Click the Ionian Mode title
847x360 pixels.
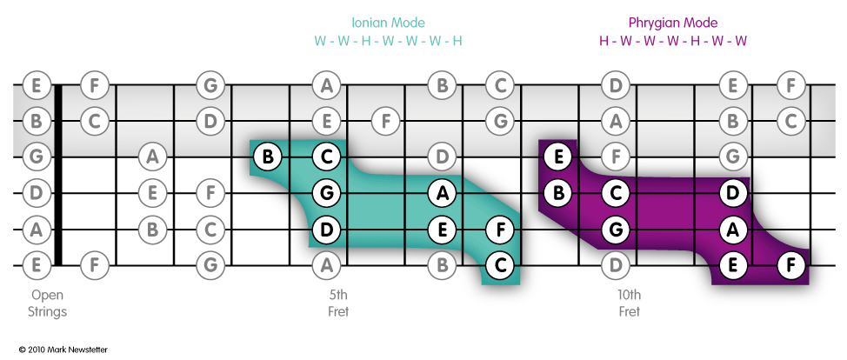388,23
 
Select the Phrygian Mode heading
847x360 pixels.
673,23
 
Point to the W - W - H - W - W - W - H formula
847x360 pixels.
388,41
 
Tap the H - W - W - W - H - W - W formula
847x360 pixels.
673,41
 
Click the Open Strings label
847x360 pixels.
47,303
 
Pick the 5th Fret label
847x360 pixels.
338,303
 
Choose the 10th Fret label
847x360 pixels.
629,303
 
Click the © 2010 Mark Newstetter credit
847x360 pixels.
63,349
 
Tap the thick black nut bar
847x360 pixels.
58,174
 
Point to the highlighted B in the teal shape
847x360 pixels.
268,157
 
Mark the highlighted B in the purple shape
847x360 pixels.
558,192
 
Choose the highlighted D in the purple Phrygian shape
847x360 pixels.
733,192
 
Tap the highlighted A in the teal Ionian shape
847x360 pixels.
443,192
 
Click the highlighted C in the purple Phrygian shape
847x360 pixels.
617,192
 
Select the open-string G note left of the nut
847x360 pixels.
36,157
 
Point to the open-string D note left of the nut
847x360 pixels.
36,192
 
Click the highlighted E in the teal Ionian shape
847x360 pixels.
443,229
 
